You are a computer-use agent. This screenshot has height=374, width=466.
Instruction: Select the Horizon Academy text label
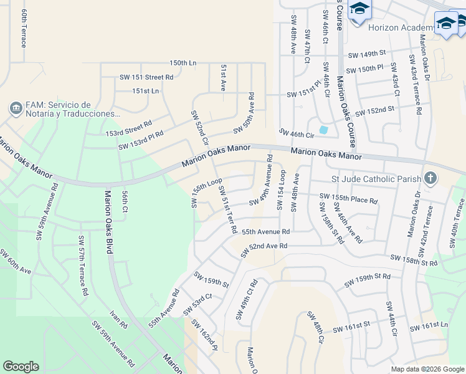click(402, 27)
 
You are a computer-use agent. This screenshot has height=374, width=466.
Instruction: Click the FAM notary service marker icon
click(14, 108)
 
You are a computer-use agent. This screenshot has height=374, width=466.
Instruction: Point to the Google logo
click(21, 367)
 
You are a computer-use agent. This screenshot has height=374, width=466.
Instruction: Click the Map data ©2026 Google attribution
click(427, 369)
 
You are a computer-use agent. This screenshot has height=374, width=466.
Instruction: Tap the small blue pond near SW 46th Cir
click(323, 130)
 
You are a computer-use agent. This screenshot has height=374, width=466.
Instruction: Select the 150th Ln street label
click(183, 63)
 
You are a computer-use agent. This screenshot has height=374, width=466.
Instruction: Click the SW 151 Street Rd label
click(147, 77)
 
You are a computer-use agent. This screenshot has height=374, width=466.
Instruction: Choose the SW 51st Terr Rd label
click(227, 210)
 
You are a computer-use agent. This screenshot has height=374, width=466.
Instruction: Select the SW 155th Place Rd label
click(348, 199)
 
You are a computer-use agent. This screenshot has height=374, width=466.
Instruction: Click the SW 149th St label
click(367, 55)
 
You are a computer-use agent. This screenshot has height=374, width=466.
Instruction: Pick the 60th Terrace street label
click(24, 28)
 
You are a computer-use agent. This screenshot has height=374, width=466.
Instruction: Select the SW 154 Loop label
click(281, 190)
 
